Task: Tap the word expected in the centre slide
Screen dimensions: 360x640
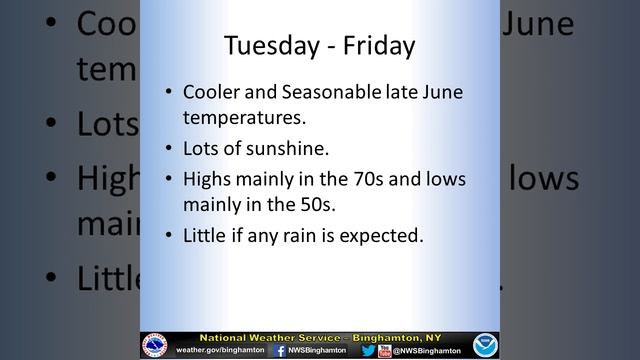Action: pyautogui.click(x=389, y=238)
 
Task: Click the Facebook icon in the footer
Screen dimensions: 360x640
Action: pyautogui.click(x=280, y=351)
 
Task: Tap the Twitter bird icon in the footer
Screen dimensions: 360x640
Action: pyautogui.click(x=368, y=351)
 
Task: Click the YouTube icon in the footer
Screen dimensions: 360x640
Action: pyautogui.click(x=385, y=351)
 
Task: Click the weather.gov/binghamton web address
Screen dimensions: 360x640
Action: pyautogui.click(x=219, y=351)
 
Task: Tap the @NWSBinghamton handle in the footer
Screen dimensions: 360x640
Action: pyautogui.click(x=427, y=351)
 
